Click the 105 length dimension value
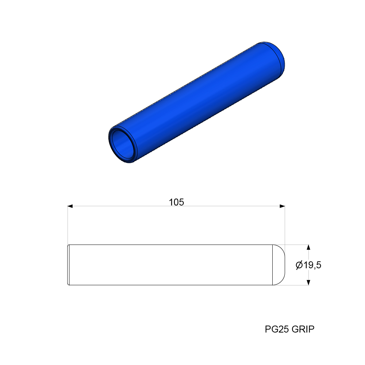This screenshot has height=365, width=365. pos(176,202)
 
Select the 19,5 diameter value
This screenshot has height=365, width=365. pos(312,265)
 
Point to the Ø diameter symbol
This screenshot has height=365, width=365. pos(299,265)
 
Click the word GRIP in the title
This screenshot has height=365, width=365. pos(303,329)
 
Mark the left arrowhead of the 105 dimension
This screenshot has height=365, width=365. pos(70,207)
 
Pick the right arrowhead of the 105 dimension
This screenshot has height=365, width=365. pos(282,207)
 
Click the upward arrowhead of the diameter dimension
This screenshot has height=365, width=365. pos(309,247)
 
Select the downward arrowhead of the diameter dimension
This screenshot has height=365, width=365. pos(309,282)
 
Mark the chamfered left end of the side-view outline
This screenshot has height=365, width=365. pos(69,265)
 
